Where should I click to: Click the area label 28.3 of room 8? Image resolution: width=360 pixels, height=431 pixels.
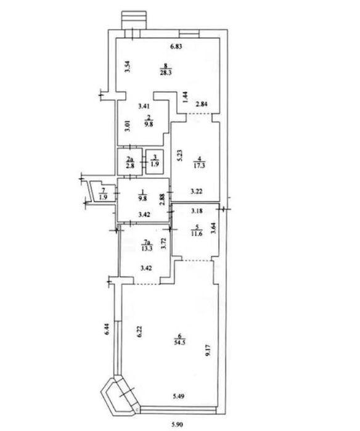tap(165, 73)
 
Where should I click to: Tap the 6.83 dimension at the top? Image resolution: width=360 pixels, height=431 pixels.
tap(176, 46)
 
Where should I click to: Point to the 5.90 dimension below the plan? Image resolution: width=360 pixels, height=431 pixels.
tap(178, 425)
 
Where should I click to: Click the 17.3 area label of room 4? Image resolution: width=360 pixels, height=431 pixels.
tap(200, 165)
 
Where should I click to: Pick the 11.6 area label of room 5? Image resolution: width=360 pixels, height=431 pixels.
tap(197, 234)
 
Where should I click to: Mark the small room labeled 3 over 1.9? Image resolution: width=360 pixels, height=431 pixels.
tap(155, 162)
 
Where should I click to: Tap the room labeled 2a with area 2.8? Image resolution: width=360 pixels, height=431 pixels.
tap(129, 162)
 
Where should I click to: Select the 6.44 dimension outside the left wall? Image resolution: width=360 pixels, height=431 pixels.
tap(107, 329)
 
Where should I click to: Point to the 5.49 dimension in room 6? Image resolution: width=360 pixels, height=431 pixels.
tap(178, 396)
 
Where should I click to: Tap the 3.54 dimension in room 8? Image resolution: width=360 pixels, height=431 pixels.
tap(128, 66)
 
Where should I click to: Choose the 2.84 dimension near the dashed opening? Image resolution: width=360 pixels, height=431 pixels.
tap(202, 104)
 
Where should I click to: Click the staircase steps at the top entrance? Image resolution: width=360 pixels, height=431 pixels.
tap(134, 20)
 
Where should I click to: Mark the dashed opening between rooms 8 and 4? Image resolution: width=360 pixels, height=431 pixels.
tap(199, 114)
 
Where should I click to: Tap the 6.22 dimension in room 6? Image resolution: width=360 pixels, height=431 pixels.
tap(139, 332)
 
